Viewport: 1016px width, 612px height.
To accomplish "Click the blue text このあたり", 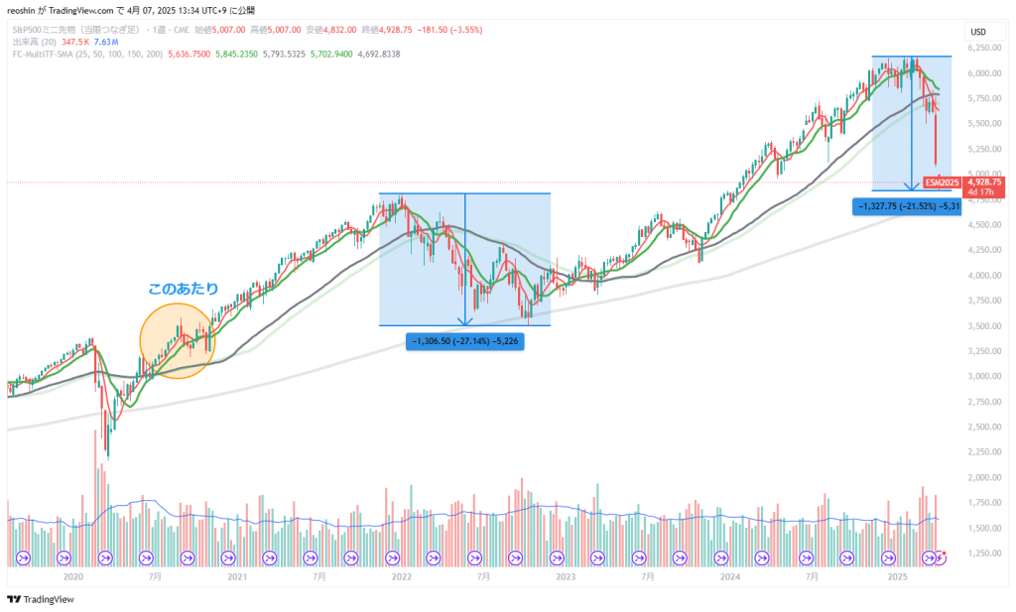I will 183,289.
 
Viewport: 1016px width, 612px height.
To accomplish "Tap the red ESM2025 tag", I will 941,183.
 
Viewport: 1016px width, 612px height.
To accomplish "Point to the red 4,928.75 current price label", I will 986,183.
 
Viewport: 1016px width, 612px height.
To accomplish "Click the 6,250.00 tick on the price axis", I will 984,47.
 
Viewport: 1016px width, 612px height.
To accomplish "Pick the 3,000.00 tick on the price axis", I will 984,376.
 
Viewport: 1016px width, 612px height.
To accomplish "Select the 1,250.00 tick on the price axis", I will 984,552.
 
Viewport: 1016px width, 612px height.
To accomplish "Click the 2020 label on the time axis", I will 72,575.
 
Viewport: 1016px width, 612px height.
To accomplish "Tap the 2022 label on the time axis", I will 401,575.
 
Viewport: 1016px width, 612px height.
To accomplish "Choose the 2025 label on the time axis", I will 897,575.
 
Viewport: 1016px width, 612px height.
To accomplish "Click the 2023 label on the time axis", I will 566,575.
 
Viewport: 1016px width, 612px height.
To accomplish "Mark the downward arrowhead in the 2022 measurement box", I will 465,321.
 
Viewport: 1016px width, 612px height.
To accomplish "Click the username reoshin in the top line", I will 22,10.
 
